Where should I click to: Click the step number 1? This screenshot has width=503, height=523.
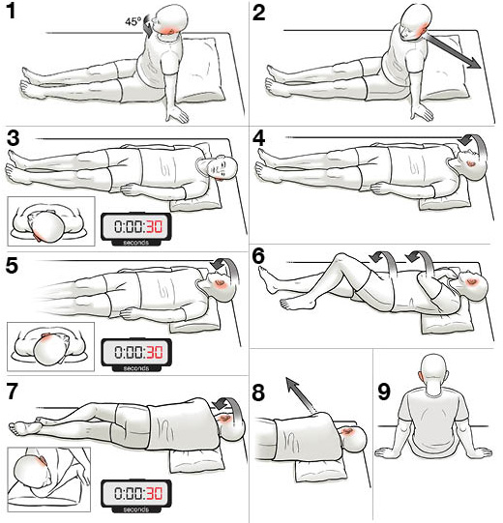tap(11, 11)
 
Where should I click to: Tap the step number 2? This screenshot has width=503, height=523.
tap(259, 14)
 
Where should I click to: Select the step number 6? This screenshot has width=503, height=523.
tap(258, 256)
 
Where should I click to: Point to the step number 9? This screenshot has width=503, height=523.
tap(384, 392)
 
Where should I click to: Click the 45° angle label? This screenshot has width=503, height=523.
tap(133, 22)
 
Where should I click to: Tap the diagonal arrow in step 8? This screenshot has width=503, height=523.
tap(300, 395)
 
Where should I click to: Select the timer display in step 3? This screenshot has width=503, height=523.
tap(136, 228)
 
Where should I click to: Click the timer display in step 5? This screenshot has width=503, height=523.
tap(136, 354)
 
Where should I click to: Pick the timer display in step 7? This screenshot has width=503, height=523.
tap(136, 495)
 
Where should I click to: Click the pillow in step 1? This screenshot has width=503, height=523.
tap(201, 70)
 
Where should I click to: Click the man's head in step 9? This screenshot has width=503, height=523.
tap(433, 369)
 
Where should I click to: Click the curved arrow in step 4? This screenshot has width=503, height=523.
tap(473, 149)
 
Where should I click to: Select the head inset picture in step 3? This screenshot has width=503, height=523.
tap(51, 221)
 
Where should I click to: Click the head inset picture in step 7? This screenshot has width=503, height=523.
tap(49, 479)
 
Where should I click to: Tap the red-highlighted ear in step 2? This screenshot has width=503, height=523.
tap(421, 29)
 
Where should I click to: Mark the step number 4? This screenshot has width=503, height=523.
tap(259, 139)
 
